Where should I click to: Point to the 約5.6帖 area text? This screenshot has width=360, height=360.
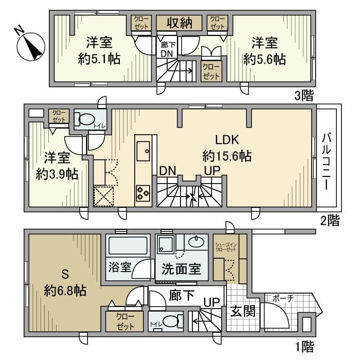pyautogui.click(x=264, y=59)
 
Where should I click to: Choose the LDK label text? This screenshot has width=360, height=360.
pyautogui.click(x=225, y=140)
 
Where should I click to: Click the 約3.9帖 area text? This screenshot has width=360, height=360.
pyautogui.click(x=57, y=174)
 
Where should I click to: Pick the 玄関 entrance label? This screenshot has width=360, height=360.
pyautogui.click(x=241, y=311)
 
